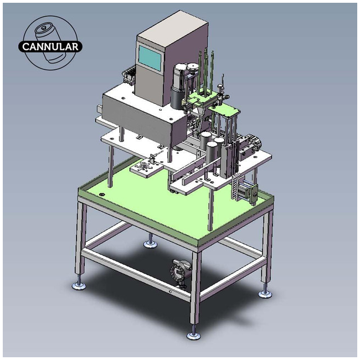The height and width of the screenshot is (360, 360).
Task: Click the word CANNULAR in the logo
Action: [50, 47]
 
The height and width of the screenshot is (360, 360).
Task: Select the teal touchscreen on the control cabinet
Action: [150, 58]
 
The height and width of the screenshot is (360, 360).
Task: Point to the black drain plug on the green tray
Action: [101, 194]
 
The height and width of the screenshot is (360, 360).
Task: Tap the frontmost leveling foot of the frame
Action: [193, 335]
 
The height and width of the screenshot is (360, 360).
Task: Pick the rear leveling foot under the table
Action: [151, 244]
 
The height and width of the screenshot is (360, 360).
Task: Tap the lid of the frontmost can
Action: [212, 144]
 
